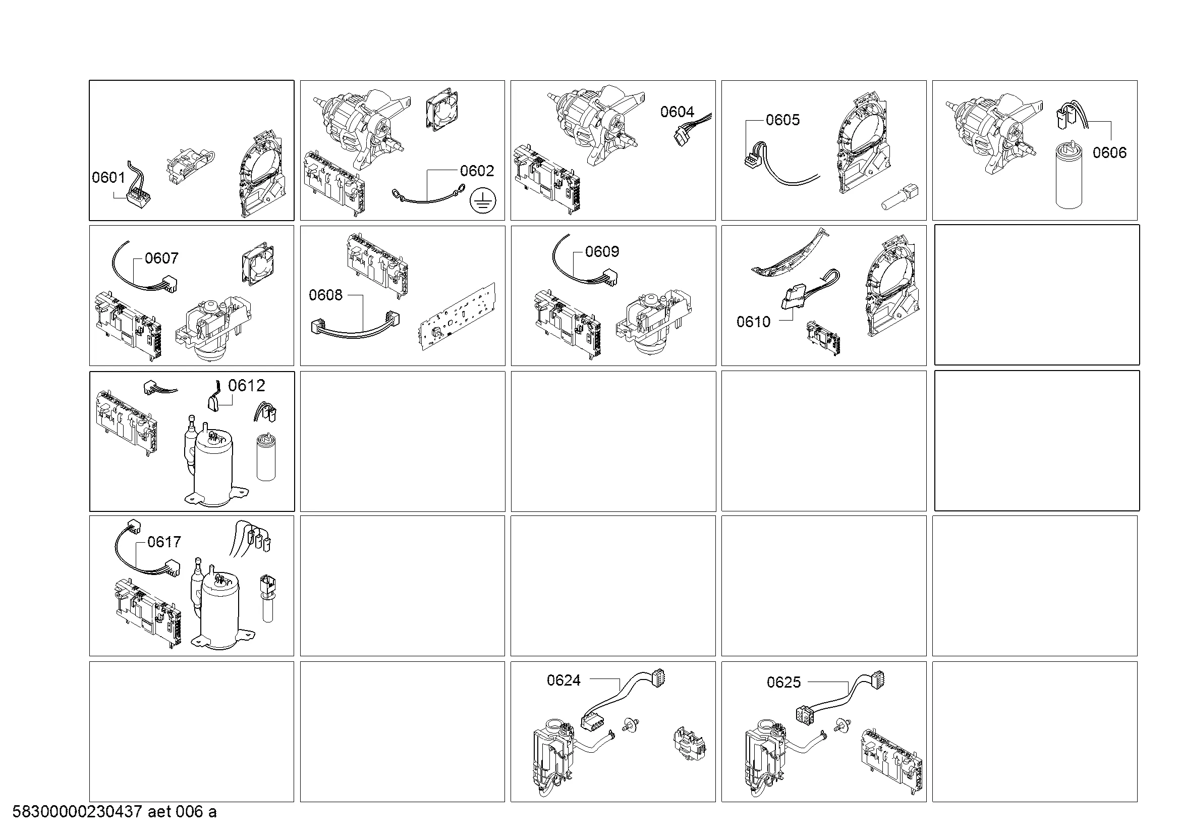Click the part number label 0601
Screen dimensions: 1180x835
(108, 177)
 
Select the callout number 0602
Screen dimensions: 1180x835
(477, 171)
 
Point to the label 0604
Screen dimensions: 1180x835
(677, 112)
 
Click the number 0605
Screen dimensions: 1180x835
(783, 120)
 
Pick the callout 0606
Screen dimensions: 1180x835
(1109, 152)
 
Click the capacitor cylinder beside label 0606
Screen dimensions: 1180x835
(1069, 176)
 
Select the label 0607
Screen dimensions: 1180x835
(161, 258)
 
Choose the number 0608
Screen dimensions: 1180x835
(325, 295)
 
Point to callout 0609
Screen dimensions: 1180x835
(602, 251)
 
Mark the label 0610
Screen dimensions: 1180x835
(753, 322)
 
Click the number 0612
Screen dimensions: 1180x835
(247, 386)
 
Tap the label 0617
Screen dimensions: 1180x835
(164, 542)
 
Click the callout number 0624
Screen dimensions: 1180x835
(564, 681)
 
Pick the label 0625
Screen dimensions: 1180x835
(784, 683)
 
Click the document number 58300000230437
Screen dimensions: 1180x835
(77, 812)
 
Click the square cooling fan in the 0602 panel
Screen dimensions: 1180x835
(442, 111)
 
